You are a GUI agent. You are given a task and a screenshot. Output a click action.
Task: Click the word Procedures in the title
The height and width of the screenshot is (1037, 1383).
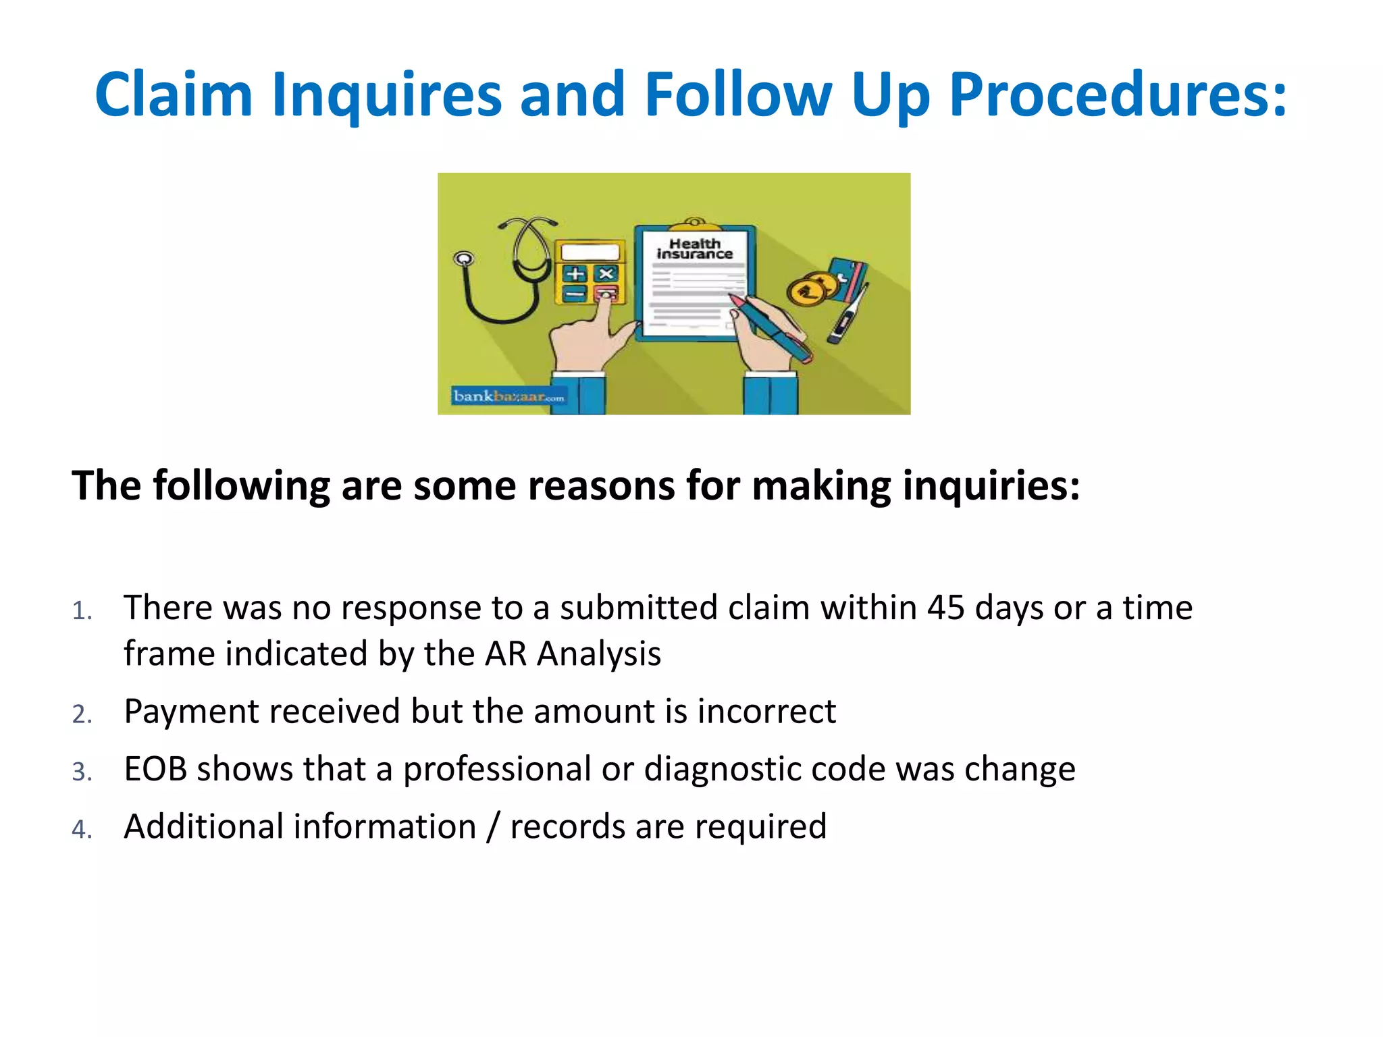pos(1118,96)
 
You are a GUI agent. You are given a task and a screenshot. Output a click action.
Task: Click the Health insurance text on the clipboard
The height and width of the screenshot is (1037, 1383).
pos(695,248)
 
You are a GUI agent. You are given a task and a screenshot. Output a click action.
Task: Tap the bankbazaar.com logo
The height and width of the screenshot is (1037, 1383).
pos(508,396)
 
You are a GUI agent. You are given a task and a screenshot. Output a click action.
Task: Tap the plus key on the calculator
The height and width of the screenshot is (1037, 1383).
pos(575,274)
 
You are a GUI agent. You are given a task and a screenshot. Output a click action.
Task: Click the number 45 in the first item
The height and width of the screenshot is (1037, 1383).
pos(945,608)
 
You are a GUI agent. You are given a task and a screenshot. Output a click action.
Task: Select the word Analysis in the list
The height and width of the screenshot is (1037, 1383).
pos(599,654)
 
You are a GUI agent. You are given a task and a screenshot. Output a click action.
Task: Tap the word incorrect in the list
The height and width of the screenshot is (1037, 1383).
pos(766,712)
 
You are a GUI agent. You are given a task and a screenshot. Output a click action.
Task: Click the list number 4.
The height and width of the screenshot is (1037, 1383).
pos(81,829)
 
